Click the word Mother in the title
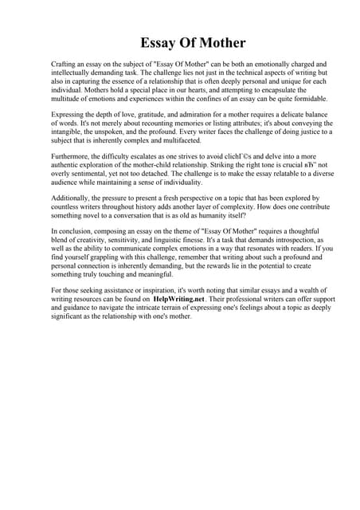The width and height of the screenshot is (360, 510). pyautogui.click(x=217, y=43)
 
